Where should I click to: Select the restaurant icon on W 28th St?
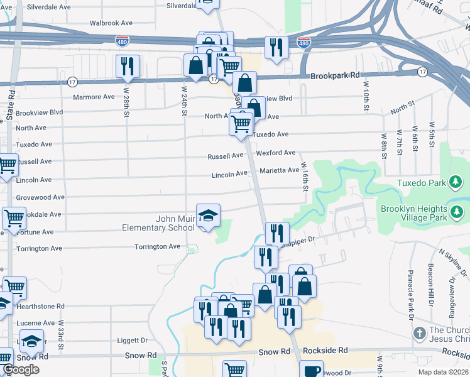point(128,66)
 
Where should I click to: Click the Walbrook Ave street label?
point(111,23)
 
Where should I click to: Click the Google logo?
point(21,370)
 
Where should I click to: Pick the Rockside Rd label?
point(325,350)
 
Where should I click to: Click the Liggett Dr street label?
point(132,341)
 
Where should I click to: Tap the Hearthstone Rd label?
point(40,306)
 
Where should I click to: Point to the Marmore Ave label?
point(94,97)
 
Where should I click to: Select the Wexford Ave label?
point(275,153)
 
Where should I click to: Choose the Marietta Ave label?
point(280,170)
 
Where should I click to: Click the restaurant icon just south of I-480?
point(276,47)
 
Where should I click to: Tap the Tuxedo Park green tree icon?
point(456,183)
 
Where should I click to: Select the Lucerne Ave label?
point(36,323)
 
